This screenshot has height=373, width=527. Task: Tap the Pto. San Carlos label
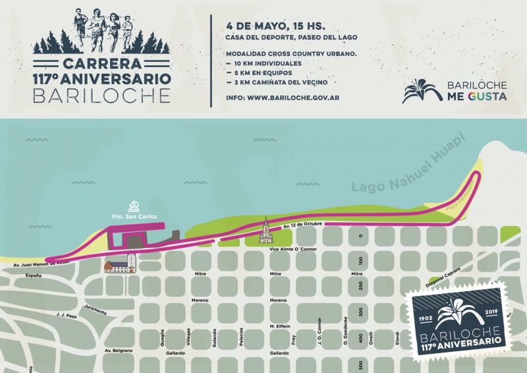[133, 215]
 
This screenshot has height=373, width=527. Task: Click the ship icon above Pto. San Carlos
[133, 204]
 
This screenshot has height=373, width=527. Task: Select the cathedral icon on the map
[265, 231]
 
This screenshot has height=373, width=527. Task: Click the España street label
[34, 275]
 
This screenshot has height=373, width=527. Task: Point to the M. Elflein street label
[280, 326]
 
